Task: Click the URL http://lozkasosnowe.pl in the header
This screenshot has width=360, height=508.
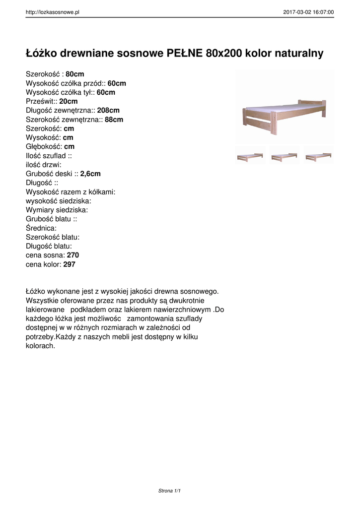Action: point(53,12)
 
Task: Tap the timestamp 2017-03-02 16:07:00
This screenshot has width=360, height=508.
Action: point(308,12)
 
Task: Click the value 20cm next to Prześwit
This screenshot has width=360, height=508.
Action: point(69,101)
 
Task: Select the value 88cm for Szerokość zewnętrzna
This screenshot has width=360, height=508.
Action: point(114,120)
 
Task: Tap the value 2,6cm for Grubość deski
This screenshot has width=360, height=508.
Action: point(90,174)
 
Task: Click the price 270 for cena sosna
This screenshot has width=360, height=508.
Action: point(73,255)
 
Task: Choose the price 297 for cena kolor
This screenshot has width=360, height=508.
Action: point(70,264)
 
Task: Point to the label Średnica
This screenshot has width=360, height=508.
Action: point(41,228)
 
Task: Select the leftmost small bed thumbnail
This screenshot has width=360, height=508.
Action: point(250,156)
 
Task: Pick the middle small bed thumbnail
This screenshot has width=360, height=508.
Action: point(284,156)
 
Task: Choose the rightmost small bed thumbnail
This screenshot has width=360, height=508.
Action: point(318,156)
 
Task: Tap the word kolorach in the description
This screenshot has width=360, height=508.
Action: point(40,346)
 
